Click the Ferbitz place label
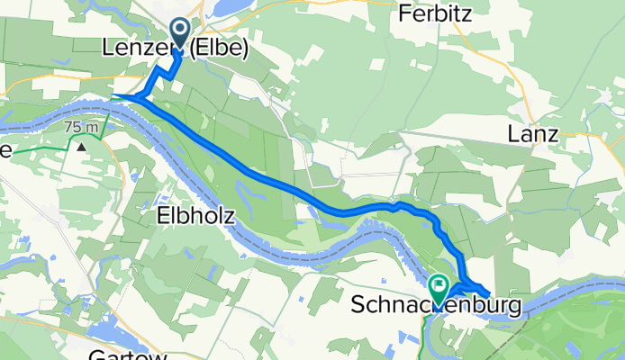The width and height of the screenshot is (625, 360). tap(437, 14)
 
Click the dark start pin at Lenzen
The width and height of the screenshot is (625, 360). tap(178, 34)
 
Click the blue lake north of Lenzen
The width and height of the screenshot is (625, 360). tap(230, 7)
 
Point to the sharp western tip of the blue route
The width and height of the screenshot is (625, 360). tap(114, 94)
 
